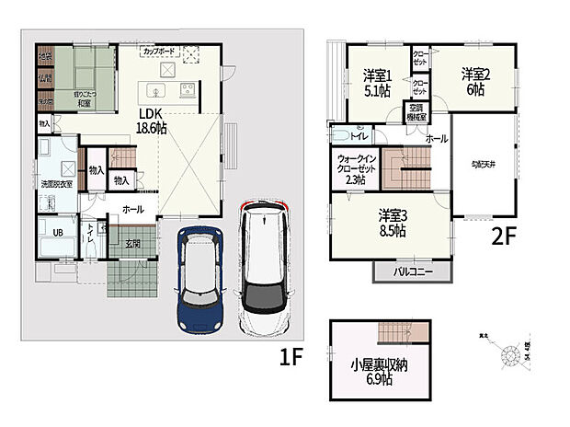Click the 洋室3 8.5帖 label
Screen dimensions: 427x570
pyautogui.click(x=393, y=224)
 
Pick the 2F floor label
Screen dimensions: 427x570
pyautogui.click(x=505, y=233)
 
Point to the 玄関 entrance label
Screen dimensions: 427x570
pyautogui.click(x=133, y=244)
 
